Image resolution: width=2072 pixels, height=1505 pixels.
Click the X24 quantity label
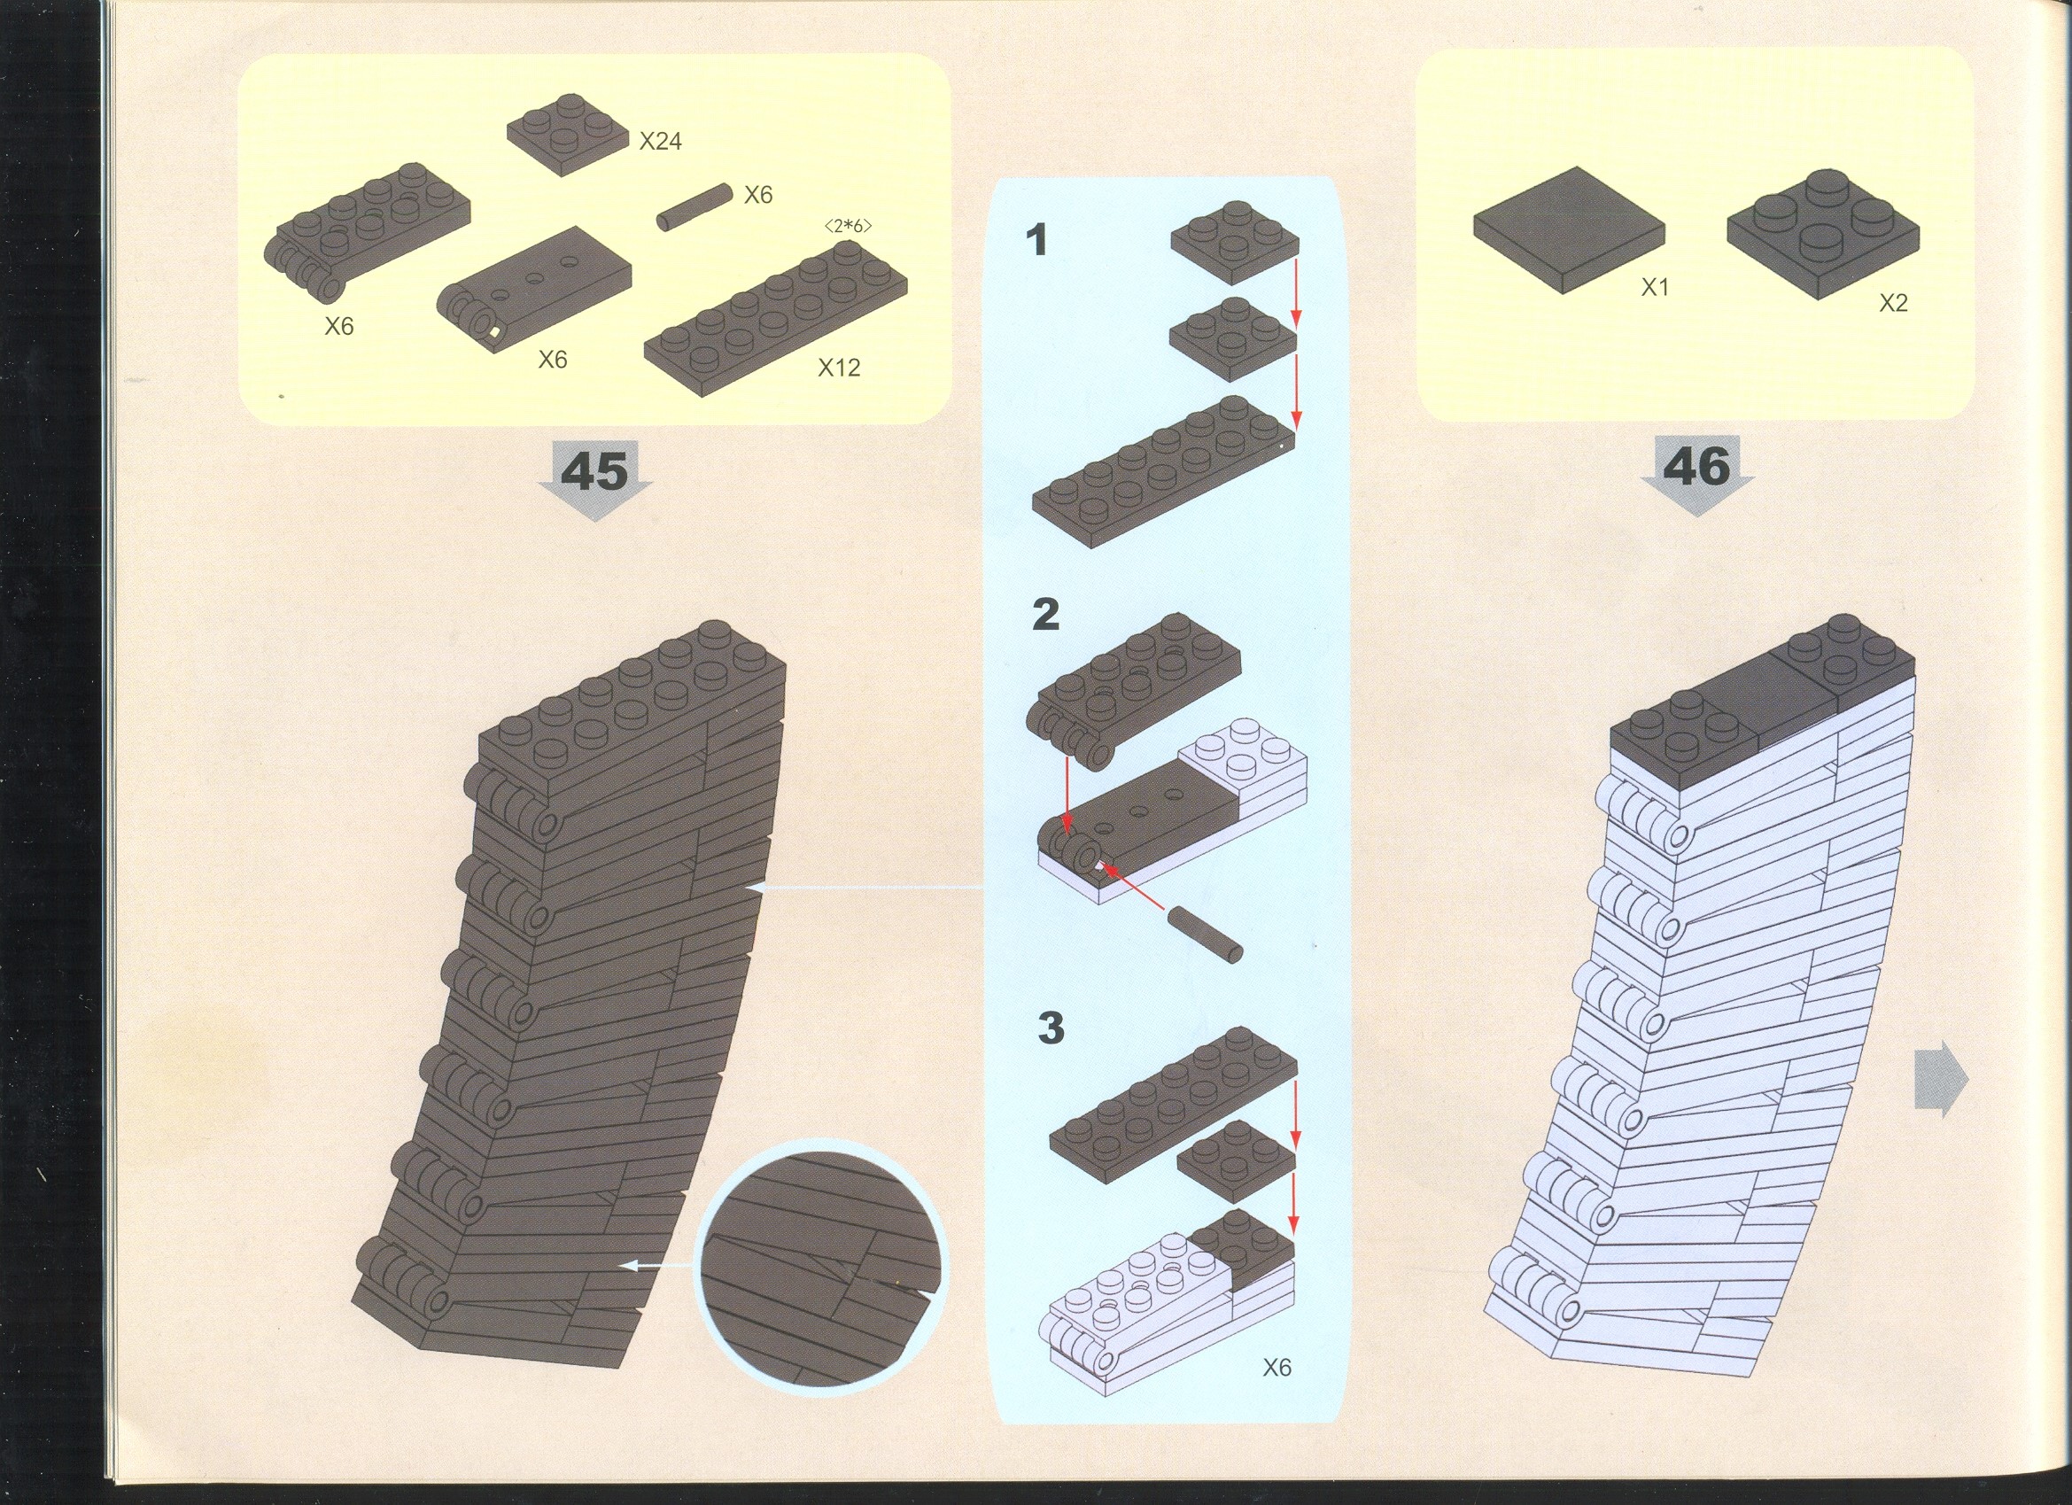click(x=661, y=142)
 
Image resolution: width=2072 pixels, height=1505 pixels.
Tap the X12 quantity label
click(x=839, y=368)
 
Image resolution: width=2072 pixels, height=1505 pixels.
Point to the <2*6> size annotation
click(x=848, y=226)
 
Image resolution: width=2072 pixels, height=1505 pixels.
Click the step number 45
click(x=594, y=471)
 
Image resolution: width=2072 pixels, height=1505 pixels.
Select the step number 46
click(x=1696, y=467)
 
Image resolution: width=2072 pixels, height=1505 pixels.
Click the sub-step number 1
click(x=1036, y=240)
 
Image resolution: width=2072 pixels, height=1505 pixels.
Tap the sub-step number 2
click(x=1046, y=614)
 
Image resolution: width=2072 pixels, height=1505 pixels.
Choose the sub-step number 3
click(x=1051, y=1027)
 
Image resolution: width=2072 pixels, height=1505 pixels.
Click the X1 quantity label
click(x=1655, y=288)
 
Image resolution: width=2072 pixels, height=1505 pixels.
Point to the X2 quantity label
click(x=1893, y=303)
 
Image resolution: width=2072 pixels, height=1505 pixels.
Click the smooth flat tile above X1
click(x=1569, y=229)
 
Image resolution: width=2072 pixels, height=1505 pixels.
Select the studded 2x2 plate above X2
click(x=1822, y=234)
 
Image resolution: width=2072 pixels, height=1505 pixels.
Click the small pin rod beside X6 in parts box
click(x=695, y=207)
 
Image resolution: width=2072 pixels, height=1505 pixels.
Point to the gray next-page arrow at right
click(x=1940, y=1079)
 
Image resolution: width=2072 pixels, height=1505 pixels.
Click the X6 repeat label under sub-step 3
click(x=1277, y=1367)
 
